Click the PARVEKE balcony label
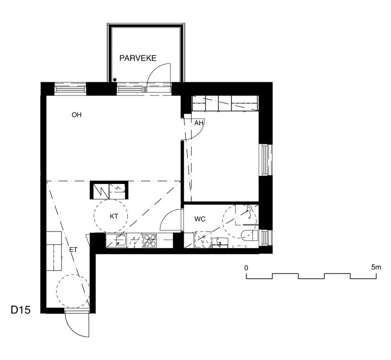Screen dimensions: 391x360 (137, 58)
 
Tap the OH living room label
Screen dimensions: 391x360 (76, 115)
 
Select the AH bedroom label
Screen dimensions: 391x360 (199, 123)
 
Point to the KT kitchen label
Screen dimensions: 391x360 (114, 216)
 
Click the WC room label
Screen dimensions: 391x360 (200, 219)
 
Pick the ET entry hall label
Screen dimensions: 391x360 (73, 250)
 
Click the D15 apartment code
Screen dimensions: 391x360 (20, 310)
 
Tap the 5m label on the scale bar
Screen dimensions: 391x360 (376, 267)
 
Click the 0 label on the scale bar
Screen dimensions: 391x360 (246, 268)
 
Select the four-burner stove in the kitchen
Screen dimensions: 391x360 (150, 241)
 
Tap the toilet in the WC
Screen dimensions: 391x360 (249, 235)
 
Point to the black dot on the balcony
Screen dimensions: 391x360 (115, 80)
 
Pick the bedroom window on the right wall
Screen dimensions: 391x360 (266, 160)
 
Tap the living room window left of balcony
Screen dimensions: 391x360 (70, 88)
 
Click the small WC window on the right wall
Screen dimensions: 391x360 (266, 238)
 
